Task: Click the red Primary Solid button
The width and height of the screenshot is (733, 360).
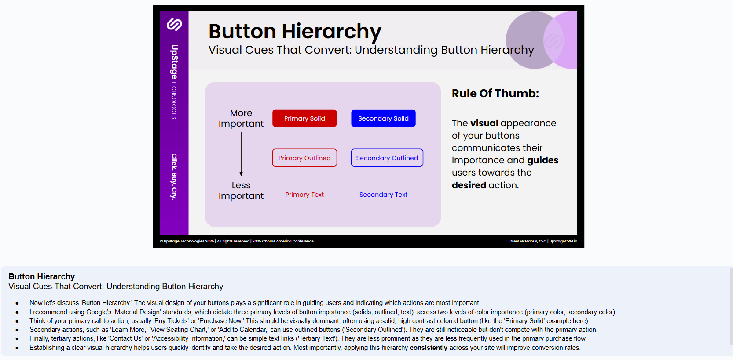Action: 304,118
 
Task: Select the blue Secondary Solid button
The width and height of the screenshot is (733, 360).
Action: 383,118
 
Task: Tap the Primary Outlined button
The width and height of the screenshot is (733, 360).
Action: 304,158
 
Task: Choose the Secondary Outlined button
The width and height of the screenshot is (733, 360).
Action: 387,158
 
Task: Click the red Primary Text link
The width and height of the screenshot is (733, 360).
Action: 304,195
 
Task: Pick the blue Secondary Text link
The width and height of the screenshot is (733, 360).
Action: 383,195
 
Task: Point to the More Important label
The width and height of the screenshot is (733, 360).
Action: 241,118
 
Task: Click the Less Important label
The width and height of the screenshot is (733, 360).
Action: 241,191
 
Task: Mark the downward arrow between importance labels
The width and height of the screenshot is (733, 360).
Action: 241,154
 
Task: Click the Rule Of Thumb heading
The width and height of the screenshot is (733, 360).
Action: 495,93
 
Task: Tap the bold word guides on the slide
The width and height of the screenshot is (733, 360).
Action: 542,160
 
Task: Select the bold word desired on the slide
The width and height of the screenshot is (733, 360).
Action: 469,185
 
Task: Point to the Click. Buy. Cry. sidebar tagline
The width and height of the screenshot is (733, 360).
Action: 174,177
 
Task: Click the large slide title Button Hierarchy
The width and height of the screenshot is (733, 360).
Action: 295,31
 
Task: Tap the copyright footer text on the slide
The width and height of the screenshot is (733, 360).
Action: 237,241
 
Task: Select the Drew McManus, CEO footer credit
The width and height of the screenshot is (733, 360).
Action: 543,241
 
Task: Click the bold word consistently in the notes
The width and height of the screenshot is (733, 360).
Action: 429,348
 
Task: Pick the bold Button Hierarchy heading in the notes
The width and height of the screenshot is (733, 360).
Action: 41,276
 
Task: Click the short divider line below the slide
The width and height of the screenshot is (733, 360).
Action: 368,257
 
